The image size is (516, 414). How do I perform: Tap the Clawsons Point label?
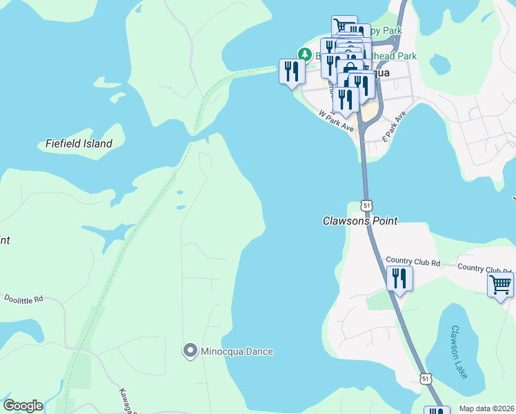pyautogui.click(x=360, y=221)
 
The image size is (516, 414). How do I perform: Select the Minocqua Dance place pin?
pyautogui.click(x=190, y=351)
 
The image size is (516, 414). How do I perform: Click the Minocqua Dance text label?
pyautogui.click(x=237, y=351)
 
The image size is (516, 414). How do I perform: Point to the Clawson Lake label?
pyautogui.click(x=457, y=352)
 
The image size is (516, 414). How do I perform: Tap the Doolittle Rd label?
pyautogui.click(x=24, y=299)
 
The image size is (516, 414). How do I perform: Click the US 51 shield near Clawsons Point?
pyautogui.click(x=366, y=206)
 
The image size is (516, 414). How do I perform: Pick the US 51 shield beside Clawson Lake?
pyautogui.click(x=426, y=379)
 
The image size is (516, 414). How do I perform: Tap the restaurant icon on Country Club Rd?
pyautogui.click(x=399, y=279)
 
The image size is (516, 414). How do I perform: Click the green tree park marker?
pyautogui.click(x=304, y=54)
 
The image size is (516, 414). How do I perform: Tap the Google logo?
pyautogui.click(x=23, y=406)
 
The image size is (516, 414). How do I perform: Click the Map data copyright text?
pyautogui.click(x=486, y=408)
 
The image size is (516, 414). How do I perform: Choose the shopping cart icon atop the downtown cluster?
pyautogui.click(x=344, y=26)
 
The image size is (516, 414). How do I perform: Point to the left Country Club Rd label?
pyautogui.click(x=413, y=262)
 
